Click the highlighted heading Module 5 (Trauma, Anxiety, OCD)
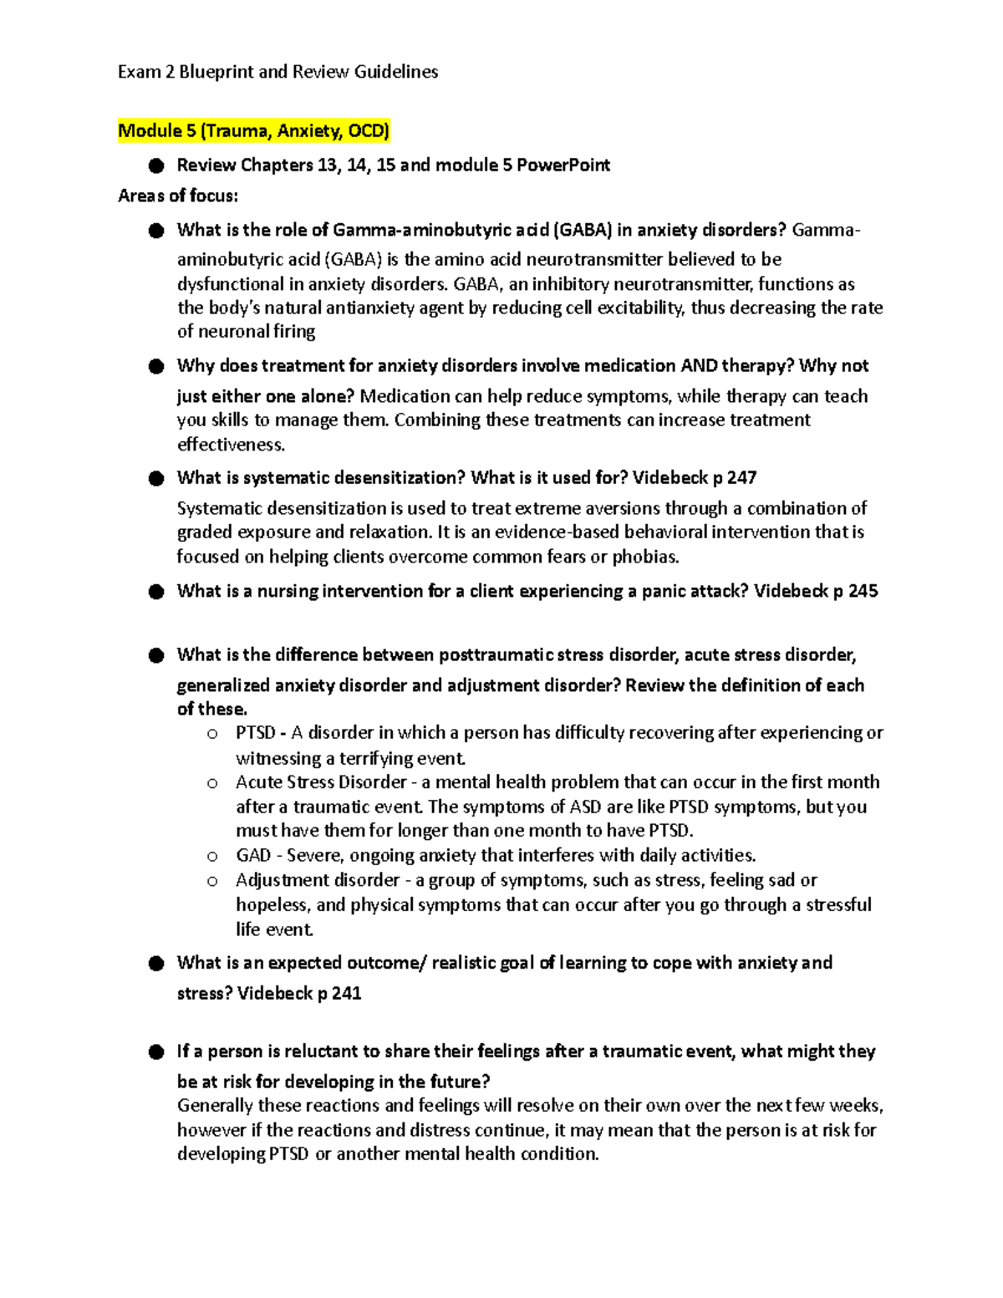253,130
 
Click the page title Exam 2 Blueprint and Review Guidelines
277,72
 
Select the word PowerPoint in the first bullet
563,165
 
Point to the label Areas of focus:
178,196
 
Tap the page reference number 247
741,477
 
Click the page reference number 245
863,591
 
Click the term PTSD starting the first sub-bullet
255,733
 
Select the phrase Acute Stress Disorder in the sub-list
321,782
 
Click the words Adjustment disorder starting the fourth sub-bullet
318,880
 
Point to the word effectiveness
231,444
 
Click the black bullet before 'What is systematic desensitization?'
156,478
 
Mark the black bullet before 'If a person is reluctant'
156,1051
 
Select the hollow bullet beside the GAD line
212,856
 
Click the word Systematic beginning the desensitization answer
221,508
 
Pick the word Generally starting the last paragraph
215,1106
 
